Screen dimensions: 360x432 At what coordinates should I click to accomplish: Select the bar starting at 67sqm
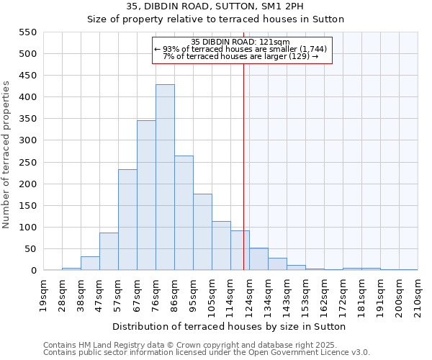click(146, 195)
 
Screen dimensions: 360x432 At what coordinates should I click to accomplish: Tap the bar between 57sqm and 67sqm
click(127, 220)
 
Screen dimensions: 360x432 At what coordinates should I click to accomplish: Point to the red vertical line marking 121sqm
click(243, 180)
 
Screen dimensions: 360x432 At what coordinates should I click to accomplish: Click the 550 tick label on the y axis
click(27, 32)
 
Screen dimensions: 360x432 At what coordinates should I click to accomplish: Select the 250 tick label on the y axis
click(27, 163)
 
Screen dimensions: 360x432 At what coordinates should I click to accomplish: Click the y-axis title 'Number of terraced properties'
click(6, 155)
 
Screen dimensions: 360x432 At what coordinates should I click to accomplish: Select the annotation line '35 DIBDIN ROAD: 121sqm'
click(242, 42)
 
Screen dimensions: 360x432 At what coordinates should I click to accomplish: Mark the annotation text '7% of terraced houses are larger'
click(240, 56)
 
